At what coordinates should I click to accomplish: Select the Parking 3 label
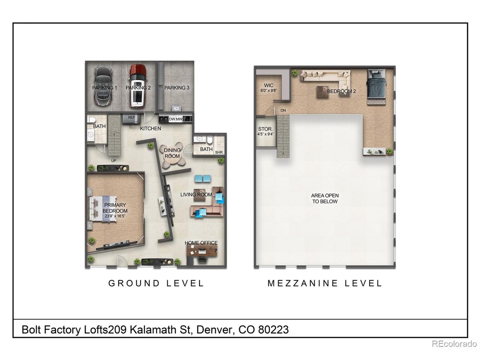(177, 88)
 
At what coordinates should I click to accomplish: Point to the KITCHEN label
(150, 129)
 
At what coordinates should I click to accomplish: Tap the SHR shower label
(219, 152)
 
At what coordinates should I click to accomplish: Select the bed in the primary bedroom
(102, 209)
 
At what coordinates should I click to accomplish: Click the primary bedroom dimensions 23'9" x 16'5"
(115, 216)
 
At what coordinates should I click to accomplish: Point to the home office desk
(202, 250)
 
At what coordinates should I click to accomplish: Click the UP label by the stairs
(114, 160)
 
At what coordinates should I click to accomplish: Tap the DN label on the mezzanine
(283, 110)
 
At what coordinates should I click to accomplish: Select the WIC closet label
(268, 85)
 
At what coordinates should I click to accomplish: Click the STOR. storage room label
(265, 129)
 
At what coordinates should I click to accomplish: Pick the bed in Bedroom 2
(376, 87)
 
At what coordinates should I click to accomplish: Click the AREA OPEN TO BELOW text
(325, 198)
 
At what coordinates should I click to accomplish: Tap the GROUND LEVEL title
(156, 283)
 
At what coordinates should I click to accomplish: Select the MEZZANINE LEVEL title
(325, 283)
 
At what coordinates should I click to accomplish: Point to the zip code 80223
(273, 330)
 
